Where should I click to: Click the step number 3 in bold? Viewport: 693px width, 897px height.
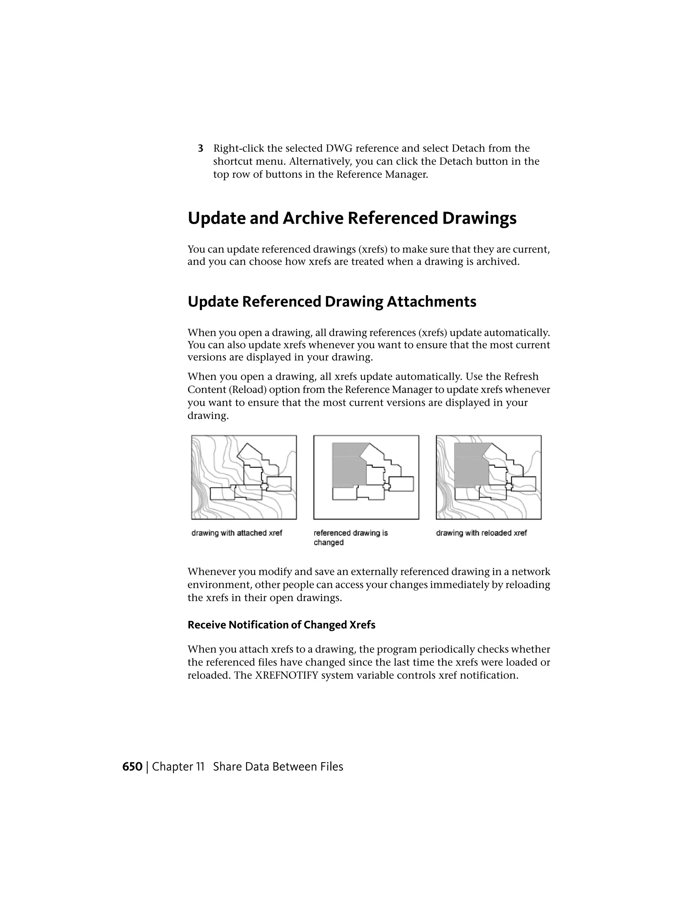click(200, 148)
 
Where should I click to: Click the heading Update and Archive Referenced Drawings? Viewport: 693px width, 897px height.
click(352, 218)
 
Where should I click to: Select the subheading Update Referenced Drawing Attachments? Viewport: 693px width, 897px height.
click(332, 302)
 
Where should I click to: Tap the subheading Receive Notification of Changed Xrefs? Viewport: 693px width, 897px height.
click(281, 625)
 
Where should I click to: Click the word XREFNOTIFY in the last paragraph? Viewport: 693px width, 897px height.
click(287, 676)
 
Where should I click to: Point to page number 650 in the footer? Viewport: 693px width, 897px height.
click(132, 767)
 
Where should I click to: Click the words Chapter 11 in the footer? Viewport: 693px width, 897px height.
click(178, 767)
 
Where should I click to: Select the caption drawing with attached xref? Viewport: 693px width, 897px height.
click(237, 533)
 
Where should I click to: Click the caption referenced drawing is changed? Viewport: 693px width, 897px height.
click(350, 537)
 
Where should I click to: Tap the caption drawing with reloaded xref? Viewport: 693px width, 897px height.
click(481, 533)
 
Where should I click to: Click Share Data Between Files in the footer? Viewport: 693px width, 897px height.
click(278, 767)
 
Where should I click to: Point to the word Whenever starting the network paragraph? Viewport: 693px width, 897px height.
click(212, 572)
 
